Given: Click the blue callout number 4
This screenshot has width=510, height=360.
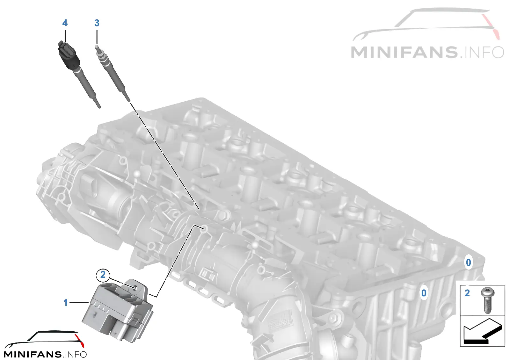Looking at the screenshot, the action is click(x=65, y=23).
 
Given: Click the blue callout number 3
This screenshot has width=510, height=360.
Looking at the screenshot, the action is click(x=97, y=23).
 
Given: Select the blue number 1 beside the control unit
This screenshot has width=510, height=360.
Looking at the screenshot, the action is click(x=66, y=303).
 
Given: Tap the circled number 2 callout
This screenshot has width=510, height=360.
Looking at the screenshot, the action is click(x=103, y=275).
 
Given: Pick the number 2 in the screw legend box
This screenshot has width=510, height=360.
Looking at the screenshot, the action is click(x=467, y=293).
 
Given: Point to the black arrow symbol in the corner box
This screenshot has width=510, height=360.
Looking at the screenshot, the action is click(x=483, y=334).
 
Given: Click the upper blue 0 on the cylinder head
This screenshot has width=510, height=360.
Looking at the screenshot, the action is click(x=468, y=263).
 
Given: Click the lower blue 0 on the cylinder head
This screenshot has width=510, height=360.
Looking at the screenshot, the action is click(x=424, y=293).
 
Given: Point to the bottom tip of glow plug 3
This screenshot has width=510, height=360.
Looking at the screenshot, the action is click(x=129, y=100).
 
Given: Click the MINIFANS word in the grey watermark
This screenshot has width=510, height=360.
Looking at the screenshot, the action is click(x=404, y=52).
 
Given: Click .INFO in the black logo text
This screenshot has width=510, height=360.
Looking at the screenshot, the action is click(x=75, y=354).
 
